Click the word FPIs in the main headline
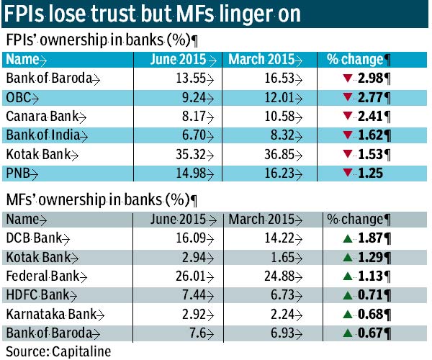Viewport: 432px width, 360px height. pyautogui.click(x=28, y=15)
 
